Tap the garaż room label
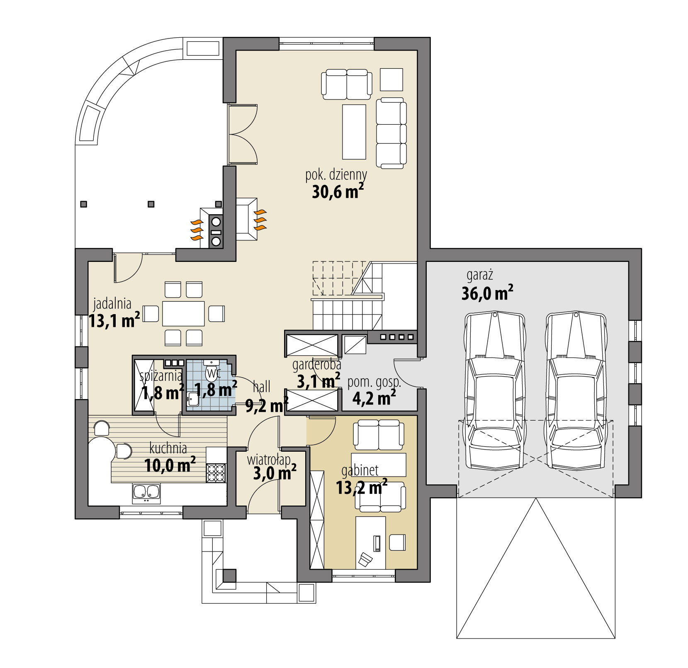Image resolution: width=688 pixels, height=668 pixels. coord(479,275)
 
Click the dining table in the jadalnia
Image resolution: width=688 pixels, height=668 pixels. coord(183,314)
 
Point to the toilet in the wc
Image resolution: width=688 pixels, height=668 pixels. coord(212,372)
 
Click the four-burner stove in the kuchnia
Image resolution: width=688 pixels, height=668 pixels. coord(216,473)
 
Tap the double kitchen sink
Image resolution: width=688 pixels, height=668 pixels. coord(146,493)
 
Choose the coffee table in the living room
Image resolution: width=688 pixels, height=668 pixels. coord(354,132)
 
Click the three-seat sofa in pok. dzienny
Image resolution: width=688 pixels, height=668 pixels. coord(391,133)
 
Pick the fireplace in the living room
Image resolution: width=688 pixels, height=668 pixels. coord(247,218)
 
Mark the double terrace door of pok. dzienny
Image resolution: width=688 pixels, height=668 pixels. coord(243,134)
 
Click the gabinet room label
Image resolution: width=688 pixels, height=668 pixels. coord(360,470)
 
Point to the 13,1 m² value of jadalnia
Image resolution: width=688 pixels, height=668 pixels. coord(114,321)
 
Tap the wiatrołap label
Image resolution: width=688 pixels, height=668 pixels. coord(268,460)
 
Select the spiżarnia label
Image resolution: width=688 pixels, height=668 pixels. coord(161,376)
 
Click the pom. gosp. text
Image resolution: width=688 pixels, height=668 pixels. coord(374,382)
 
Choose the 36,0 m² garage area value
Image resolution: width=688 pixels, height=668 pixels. coord(487,293)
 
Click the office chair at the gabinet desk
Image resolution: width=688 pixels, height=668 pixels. coord(365,559)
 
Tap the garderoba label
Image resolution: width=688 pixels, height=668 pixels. coord(316,365)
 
